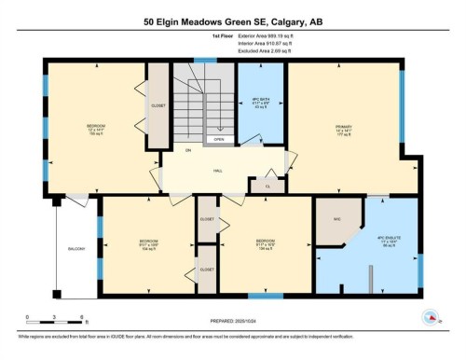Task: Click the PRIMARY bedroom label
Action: click(x=342, y=127)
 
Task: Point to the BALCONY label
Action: click(x=75, y=248)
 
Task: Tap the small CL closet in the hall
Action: click(x=267, y=185)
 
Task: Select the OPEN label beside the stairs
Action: click(x=218, y=140)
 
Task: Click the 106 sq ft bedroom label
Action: click(x=266, y=244)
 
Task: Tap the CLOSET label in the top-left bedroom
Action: click(x=158, y=106)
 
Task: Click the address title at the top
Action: click(x=233, y=21)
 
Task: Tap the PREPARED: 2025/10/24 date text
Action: click(x=233, y=322)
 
